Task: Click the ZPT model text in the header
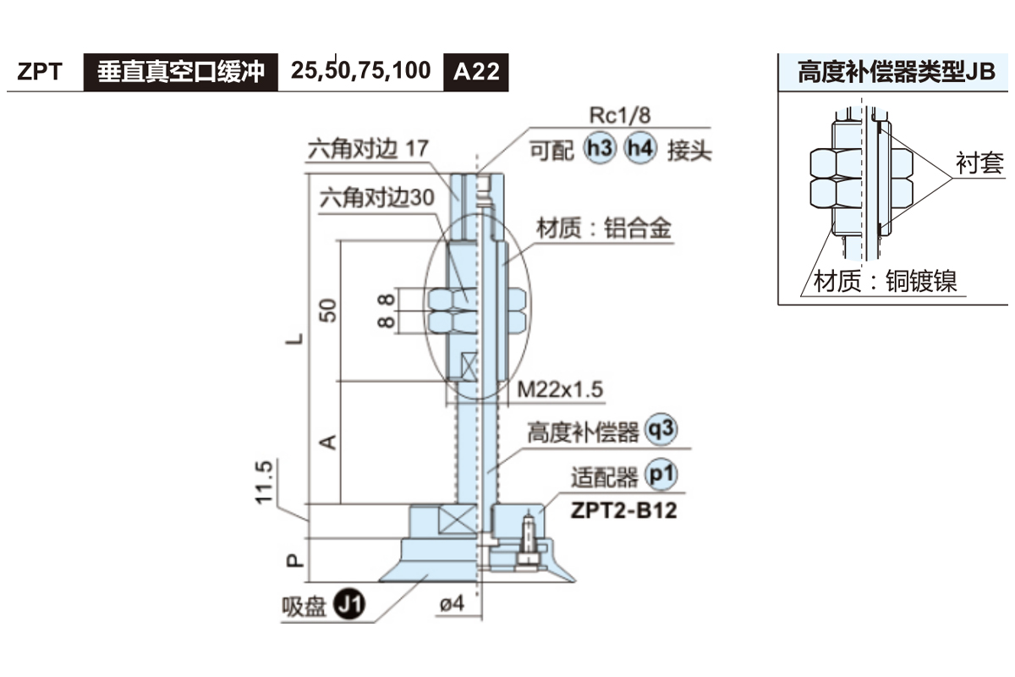pos(40,71)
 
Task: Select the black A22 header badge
pos(476,71)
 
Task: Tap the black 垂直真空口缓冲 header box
pos(181,71)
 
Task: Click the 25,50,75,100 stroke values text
pos(361,70)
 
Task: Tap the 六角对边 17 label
pos(368,149)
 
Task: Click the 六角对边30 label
pos(377,197)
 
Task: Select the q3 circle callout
pos(661,431)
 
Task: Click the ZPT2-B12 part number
pos(624,511)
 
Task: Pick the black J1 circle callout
pos(348,605)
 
